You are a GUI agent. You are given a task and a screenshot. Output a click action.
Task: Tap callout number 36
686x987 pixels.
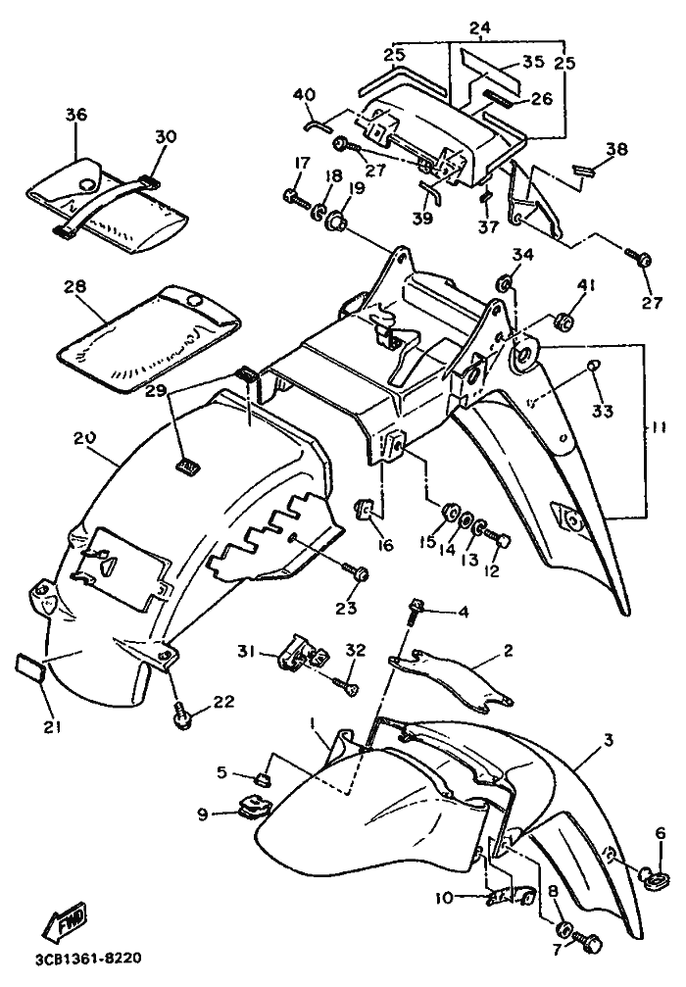75,116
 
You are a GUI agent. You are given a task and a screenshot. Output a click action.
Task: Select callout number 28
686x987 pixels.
75,286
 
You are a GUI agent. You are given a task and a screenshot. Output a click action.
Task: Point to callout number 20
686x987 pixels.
83,439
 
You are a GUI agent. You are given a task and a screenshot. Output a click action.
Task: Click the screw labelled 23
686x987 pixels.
357,570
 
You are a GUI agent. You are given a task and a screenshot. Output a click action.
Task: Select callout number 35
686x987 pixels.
532,62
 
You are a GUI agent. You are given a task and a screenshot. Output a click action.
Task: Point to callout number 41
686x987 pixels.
586,286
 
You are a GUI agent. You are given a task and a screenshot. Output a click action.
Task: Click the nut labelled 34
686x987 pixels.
505,284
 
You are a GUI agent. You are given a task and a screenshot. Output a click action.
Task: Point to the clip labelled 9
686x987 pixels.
255,809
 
